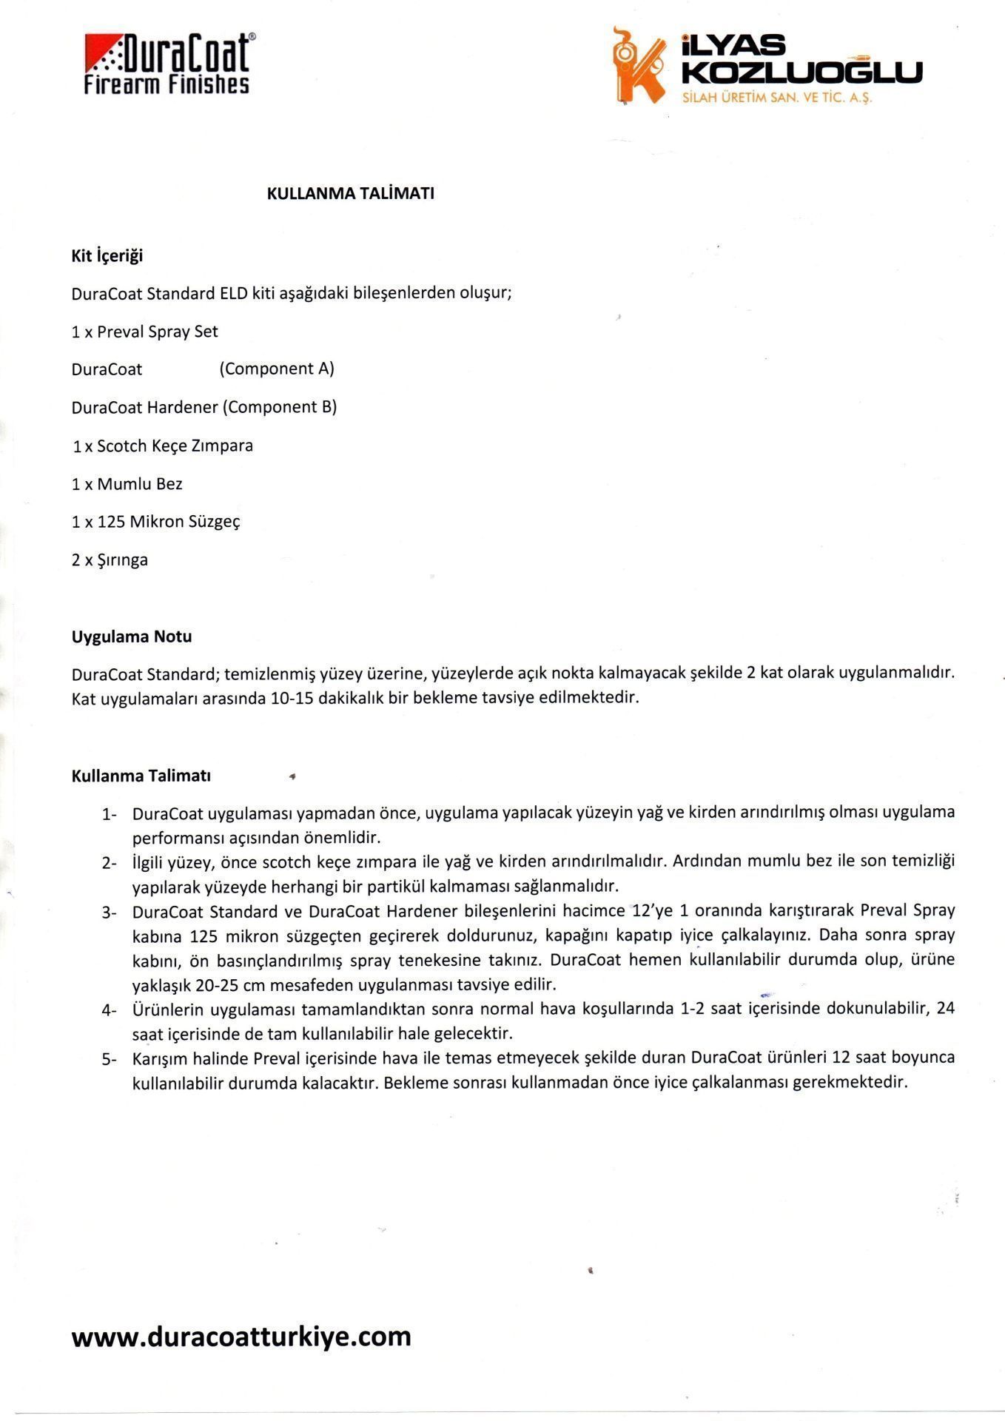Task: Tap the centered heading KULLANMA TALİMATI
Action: coord(350,194)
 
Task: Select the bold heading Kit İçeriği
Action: coord(107,256)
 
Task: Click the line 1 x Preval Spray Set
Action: coord(145,332)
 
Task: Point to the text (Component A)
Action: coord(277,369)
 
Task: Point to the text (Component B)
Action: coord(280,407)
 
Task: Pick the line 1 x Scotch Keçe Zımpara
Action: coord(163,446)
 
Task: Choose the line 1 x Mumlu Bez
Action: coord(127,484)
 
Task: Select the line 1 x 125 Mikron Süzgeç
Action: coord(156,522)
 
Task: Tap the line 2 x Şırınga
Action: coord(110,560)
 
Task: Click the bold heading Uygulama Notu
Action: coord(132,636)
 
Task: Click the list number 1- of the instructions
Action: coord(110,814)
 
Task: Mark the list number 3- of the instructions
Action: coord(110,912)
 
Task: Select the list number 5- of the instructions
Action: coord(110,1059)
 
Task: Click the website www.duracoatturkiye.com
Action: coord(241,1337)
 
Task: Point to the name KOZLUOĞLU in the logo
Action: coord(801,73)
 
